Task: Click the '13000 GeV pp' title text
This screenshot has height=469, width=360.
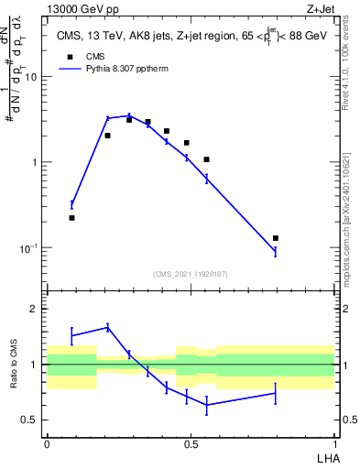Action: [87, 8]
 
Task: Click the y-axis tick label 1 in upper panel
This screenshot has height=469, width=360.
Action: [35, 163]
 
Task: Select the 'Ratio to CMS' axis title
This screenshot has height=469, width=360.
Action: [15, 365]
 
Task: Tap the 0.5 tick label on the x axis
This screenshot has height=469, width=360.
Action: [190, 443]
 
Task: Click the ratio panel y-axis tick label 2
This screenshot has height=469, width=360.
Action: [35, 310]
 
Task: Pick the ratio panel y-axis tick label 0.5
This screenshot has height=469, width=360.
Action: [31, 420]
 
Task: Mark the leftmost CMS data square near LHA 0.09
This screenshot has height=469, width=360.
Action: [71, 218]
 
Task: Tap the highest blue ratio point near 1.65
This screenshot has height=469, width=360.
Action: [108, 327]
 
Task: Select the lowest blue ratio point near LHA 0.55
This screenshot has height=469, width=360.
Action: [207, 405]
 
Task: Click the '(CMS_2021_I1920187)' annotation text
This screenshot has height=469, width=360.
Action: [190, 273]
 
